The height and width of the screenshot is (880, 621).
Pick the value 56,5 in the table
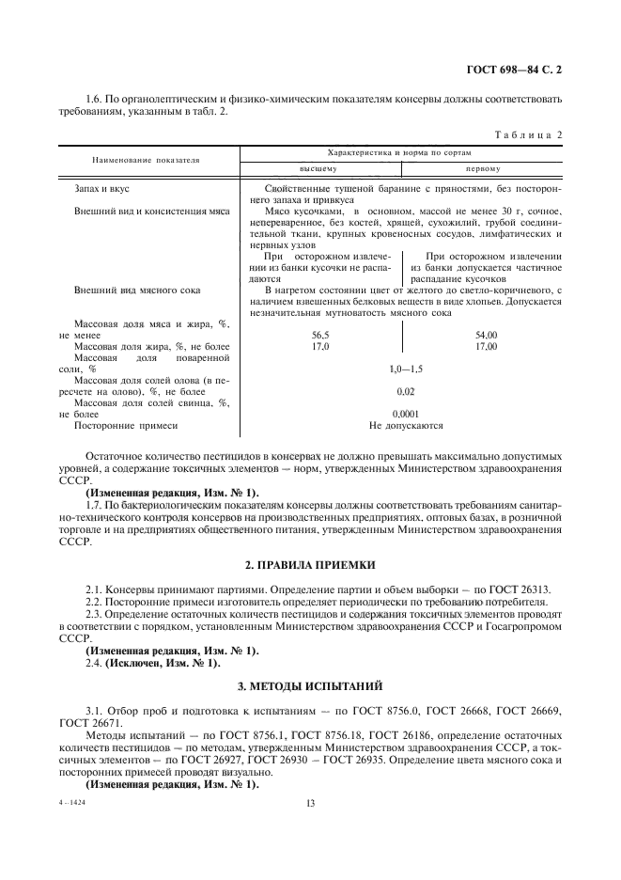pyautogui.click(x=320, y=335)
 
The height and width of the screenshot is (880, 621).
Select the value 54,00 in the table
pyautogui.click(x=486, y=335)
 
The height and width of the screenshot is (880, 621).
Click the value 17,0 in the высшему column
pyautogui.click(x=320, y=346)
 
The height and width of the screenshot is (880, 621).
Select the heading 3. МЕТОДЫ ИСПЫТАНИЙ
pyautogui.click(x=309, y=687)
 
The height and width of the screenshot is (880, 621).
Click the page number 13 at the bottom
pyautogui.click(x=309, y=804)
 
